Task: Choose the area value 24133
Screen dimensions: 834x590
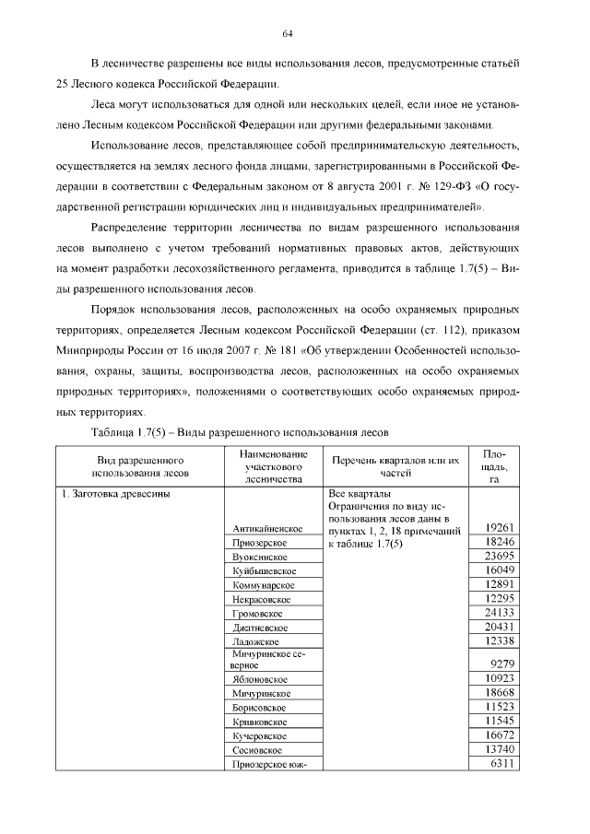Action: click(x=497, y=613)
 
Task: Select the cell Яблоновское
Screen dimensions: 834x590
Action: click(x=262, y=678)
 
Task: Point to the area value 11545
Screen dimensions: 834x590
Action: click(x=497, y=721)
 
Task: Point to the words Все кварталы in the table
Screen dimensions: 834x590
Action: click(x=353, y=494)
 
